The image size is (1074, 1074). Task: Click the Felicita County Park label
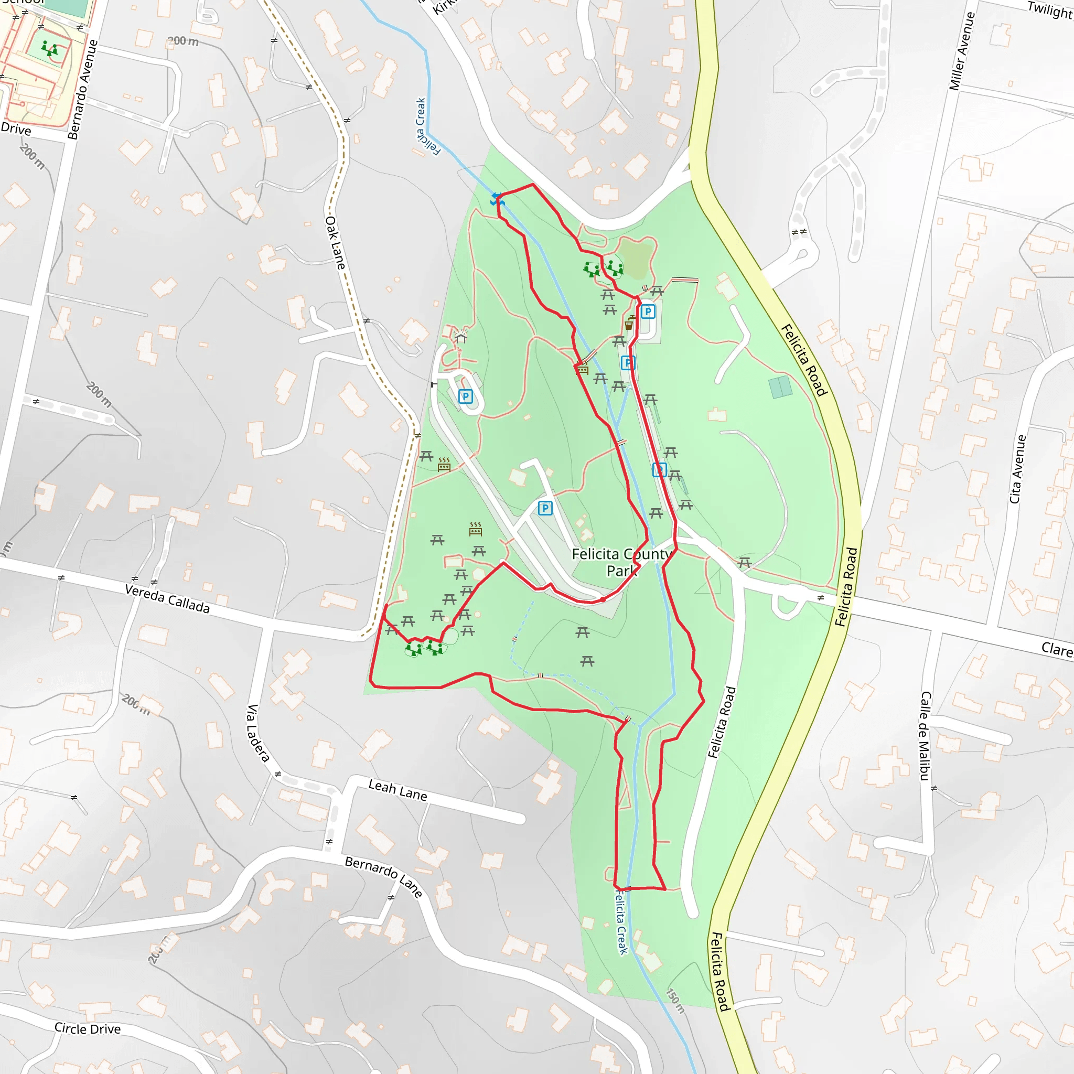tap(622, 562)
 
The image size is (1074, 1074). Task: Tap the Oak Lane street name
tap(335, 243)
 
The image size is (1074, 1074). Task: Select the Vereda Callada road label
tap(167, 599)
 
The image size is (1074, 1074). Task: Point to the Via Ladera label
tap(258, 733)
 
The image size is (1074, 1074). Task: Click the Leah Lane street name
tap(398, 790)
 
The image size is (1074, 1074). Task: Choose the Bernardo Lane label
tap(383, 876)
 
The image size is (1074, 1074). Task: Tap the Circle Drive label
tap(87, 1028)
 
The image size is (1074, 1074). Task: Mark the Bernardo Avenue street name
tap(83, 90)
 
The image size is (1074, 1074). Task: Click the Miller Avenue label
tap(962, 51)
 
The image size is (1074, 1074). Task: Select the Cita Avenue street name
tap(1017, 469)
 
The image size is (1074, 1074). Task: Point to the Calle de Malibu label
tap(925, 735)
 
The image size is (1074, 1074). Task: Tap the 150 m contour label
tap(675, 1001)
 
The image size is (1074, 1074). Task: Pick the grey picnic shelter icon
tap(460, 336)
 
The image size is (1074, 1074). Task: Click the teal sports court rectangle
tap(781, 387)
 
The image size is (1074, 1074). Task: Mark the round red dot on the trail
tap(603, 600)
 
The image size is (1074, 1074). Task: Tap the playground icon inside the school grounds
tap(49, 49)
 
